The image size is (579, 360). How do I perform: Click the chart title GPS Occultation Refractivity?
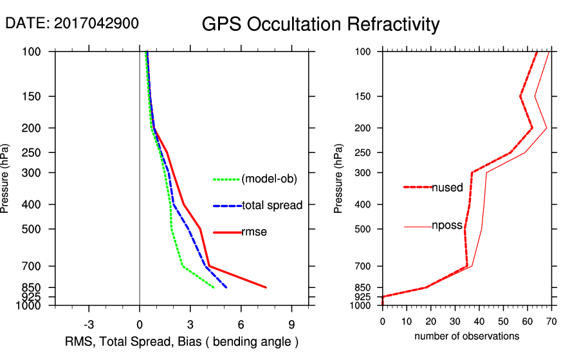320,24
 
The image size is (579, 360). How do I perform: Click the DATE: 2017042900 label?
72,23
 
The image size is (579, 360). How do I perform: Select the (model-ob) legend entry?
269,179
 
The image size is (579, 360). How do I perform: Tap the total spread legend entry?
272,205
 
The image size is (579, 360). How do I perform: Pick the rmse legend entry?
253,231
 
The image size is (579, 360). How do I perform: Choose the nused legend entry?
447,188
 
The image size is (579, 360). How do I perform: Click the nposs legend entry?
447,227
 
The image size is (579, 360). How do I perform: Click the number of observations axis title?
466,336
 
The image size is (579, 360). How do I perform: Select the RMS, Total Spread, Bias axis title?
181,341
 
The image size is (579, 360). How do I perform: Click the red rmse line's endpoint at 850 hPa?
266,287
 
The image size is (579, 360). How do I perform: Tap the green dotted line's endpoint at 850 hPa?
214,287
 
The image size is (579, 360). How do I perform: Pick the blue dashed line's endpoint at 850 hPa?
226,287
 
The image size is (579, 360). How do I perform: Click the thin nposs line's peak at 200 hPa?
547,129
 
